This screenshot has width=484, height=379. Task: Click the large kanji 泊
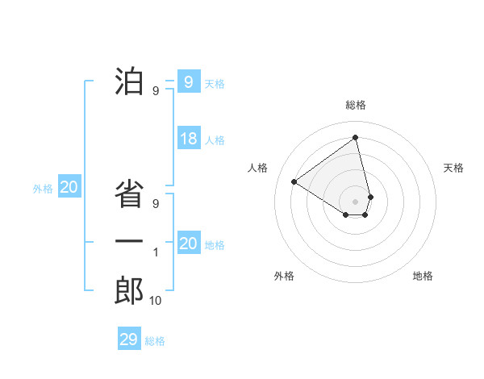[x=130, y=81]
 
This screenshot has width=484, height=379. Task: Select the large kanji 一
[x=130, y=242]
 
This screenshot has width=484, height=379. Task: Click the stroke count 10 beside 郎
[x=155, y=301]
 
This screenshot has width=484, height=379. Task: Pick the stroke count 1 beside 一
[x=156, y=252]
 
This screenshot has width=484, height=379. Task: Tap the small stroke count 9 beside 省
[x=156, y=204]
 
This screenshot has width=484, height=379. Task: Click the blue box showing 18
[x=188, y=139]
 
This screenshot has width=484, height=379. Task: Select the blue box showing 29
[x=129, y=339]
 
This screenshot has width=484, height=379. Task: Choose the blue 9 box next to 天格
[x=188, y=82]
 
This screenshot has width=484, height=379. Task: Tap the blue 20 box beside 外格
[x=69, y=188]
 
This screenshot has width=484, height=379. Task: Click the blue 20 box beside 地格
[x=188, y=244]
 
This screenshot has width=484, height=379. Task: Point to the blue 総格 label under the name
[x=155, y=341]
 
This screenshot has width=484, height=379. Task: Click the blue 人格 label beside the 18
[x=215, y=140]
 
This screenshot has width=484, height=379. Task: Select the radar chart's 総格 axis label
[x=356, y=105]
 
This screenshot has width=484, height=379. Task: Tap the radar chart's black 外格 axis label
[x=284, y=276]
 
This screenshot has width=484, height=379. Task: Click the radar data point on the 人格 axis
[x=294, y=181]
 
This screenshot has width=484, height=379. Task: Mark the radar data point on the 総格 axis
[x=356, y=138]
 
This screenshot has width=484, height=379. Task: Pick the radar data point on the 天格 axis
[x=370, y=196]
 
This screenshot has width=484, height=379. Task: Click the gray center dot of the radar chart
[x=356, y=201]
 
